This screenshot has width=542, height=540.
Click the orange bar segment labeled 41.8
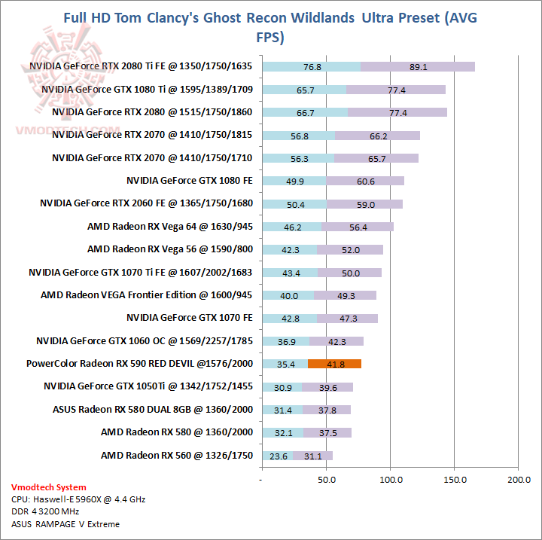pos(335,364)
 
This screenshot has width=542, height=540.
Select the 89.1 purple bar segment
pos(418,66)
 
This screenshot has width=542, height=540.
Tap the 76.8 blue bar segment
pos(312,66)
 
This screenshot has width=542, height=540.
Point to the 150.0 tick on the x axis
pos(454,479)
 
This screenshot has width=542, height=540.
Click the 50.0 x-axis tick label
pos(326,479)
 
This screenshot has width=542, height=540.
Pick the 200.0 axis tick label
pos(518,479)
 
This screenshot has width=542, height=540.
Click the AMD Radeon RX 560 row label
pos(176,455)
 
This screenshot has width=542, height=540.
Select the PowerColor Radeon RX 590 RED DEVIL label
pos(139,364)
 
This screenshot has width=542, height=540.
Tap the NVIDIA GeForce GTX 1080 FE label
pos(190,180)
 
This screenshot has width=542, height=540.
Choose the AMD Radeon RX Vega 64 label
pos(169,226)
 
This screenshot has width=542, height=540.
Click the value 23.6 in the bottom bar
pos(280,456)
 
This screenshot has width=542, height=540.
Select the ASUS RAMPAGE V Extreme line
pos(65,523)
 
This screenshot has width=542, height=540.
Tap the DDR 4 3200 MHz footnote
pos(47,511)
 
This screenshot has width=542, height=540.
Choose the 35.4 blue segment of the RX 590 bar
pos(285,364)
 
